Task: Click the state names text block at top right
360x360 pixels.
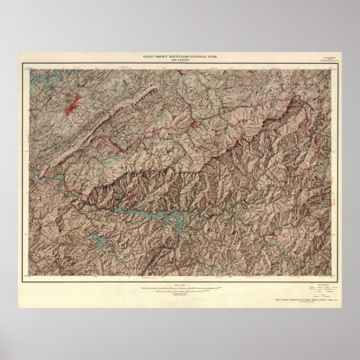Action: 324,58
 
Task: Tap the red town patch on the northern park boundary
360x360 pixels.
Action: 192,123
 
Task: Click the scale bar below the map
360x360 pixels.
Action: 181,288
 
